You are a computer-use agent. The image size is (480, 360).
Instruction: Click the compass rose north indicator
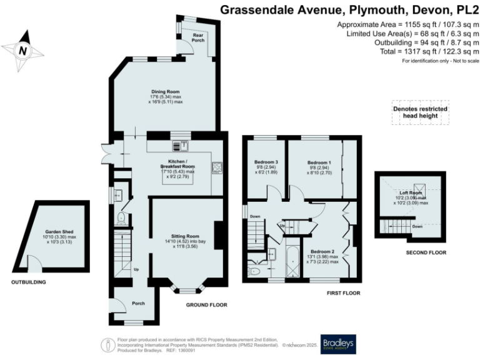tap(23, 51)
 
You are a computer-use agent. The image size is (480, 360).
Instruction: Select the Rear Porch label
tap(199, 38)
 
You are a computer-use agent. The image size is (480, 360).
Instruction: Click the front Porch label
tap(138, 303)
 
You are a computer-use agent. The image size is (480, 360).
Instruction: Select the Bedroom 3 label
tap(264, 162)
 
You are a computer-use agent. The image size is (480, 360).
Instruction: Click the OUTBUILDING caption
tap(28, 282)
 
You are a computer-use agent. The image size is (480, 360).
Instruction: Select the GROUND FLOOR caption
tap(206, 305)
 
